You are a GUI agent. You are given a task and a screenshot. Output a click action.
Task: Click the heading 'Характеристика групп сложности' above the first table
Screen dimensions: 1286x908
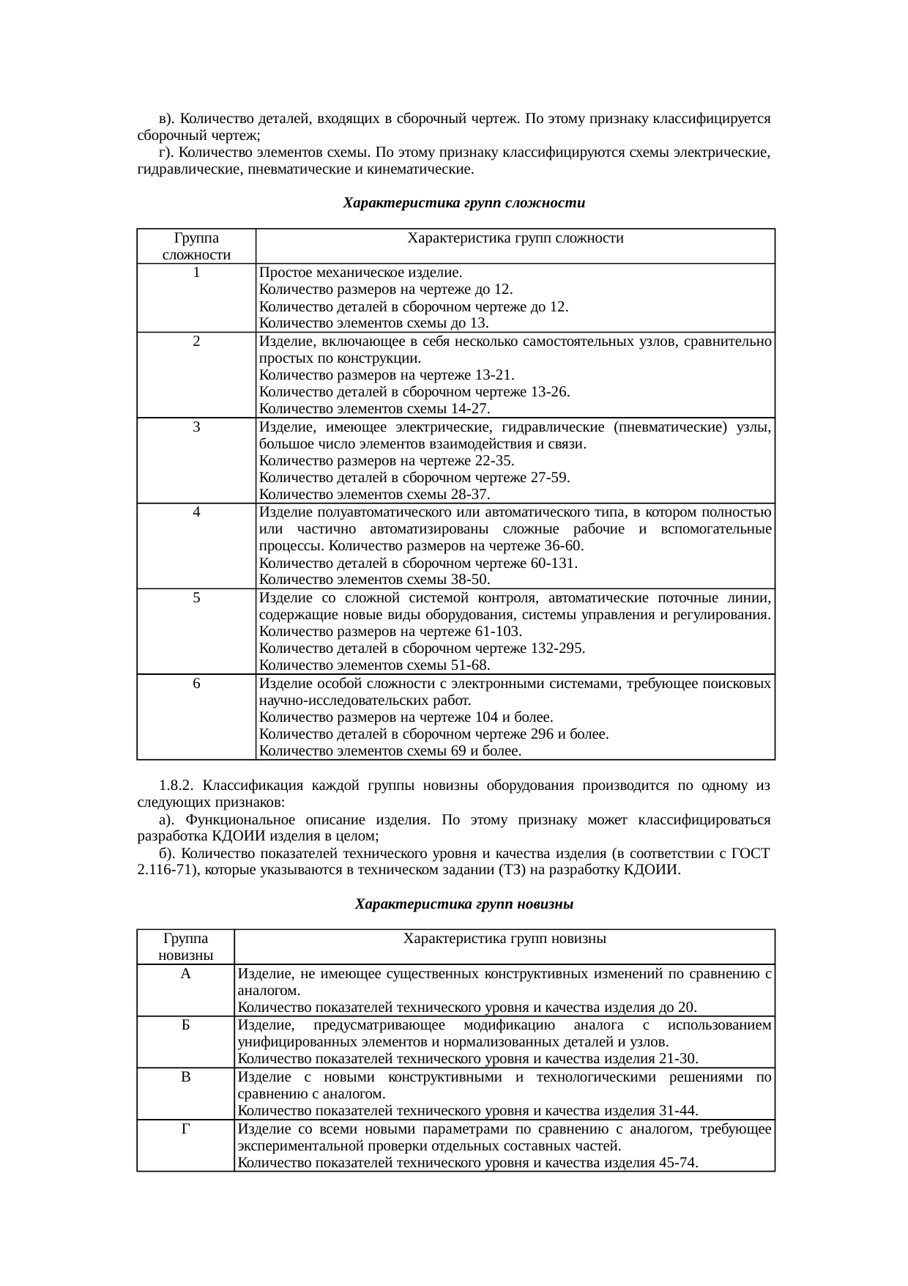(x=464, y=202)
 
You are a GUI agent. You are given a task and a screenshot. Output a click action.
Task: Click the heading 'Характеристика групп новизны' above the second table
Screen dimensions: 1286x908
(x=464, y=904)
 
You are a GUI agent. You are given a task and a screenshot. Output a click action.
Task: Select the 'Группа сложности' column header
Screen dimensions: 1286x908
(x=196, y=246)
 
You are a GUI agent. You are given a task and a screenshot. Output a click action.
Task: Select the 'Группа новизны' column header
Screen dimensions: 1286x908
(x=185, y=947)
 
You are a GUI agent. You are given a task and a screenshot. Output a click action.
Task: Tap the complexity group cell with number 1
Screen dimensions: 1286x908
(x=196, y=273)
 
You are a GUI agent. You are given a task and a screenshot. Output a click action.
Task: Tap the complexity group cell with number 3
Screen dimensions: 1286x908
(x=196, y=426)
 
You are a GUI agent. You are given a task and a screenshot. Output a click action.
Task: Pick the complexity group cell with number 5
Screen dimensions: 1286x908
(x=196, y=598)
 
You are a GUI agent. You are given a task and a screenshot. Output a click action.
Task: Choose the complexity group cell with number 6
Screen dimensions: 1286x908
(x=196, y=683)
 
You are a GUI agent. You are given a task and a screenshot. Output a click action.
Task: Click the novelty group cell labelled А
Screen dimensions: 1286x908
(x=185, y=974)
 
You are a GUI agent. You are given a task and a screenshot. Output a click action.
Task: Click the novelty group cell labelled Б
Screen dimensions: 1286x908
(x=185, y=1025)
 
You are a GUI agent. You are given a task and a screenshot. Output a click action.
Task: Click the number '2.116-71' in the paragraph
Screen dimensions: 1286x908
(x=167, y=871)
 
